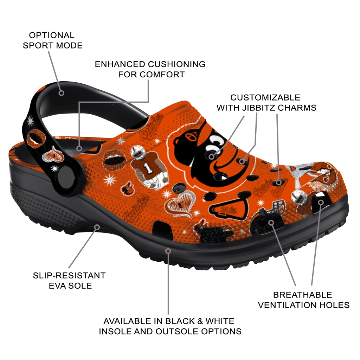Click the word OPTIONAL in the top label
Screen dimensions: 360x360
(52, 36)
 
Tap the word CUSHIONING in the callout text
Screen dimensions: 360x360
(176, 64)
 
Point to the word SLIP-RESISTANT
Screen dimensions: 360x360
(69, 275)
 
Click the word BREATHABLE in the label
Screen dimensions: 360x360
(302, 295)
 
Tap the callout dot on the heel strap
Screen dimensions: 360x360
(61, 93)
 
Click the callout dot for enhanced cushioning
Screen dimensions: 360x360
(79, 148)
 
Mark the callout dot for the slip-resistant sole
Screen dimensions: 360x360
(97, 227)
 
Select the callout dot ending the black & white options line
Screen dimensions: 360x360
(168, 251)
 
